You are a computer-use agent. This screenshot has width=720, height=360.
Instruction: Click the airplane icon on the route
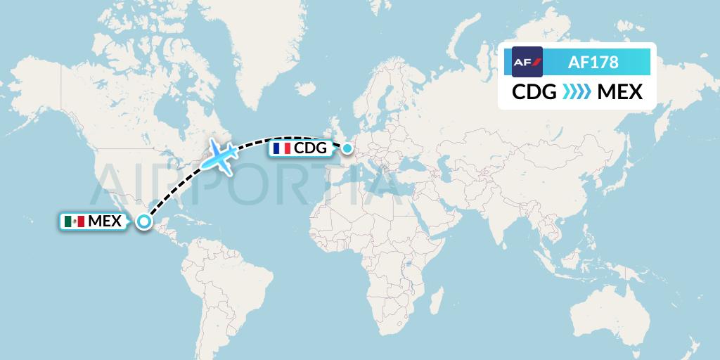(x=221, y=157)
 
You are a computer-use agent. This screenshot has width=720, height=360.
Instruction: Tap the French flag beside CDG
(x=281, y=148)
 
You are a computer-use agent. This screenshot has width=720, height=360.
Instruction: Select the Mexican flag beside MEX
(x=74, y=221)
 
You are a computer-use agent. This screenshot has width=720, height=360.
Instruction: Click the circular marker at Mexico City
(x=143, y=221)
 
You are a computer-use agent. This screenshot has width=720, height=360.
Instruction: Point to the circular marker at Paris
(x=347, y=148)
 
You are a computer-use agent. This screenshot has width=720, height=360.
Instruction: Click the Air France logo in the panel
(x=527, y=61)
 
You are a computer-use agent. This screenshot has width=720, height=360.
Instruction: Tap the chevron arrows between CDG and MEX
(x=577, y=92)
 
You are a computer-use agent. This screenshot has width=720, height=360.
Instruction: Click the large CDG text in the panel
(x=534, y=92)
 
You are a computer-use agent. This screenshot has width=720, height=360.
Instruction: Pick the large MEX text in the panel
(x=619, y=92)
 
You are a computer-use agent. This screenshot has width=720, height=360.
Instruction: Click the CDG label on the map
(x=310, y=148)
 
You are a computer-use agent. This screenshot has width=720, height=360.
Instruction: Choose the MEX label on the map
(x=104, y=221)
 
